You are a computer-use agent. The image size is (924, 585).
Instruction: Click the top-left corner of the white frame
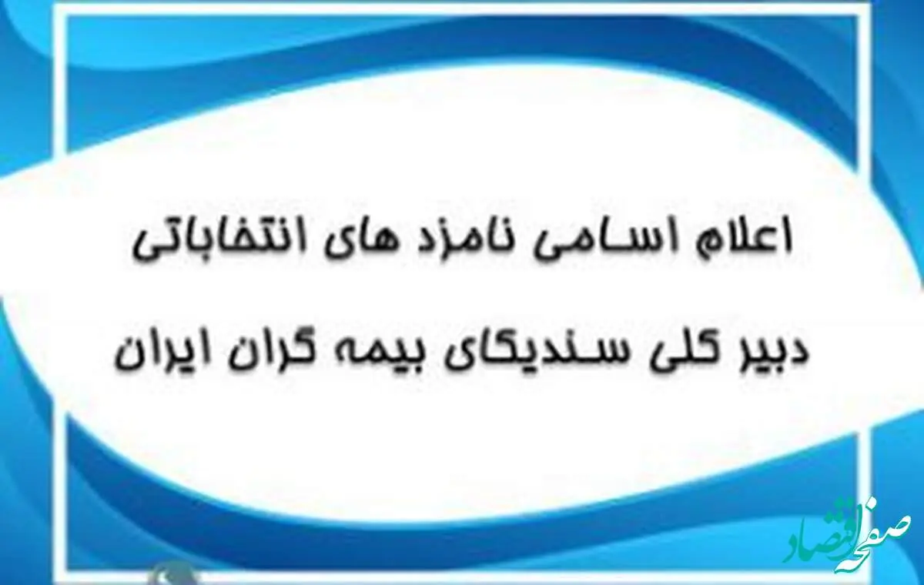tap(65, 15)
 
